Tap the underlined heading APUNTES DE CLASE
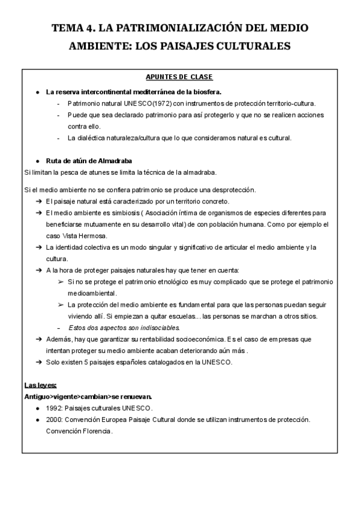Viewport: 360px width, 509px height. (179, 77)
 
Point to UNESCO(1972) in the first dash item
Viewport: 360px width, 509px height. (136, 103)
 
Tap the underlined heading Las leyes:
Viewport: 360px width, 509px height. (41, 384)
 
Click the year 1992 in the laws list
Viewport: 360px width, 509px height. (53, 407)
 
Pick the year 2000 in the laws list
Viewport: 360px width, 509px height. (53, 419)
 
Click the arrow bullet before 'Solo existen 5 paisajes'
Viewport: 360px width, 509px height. (38, 362)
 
